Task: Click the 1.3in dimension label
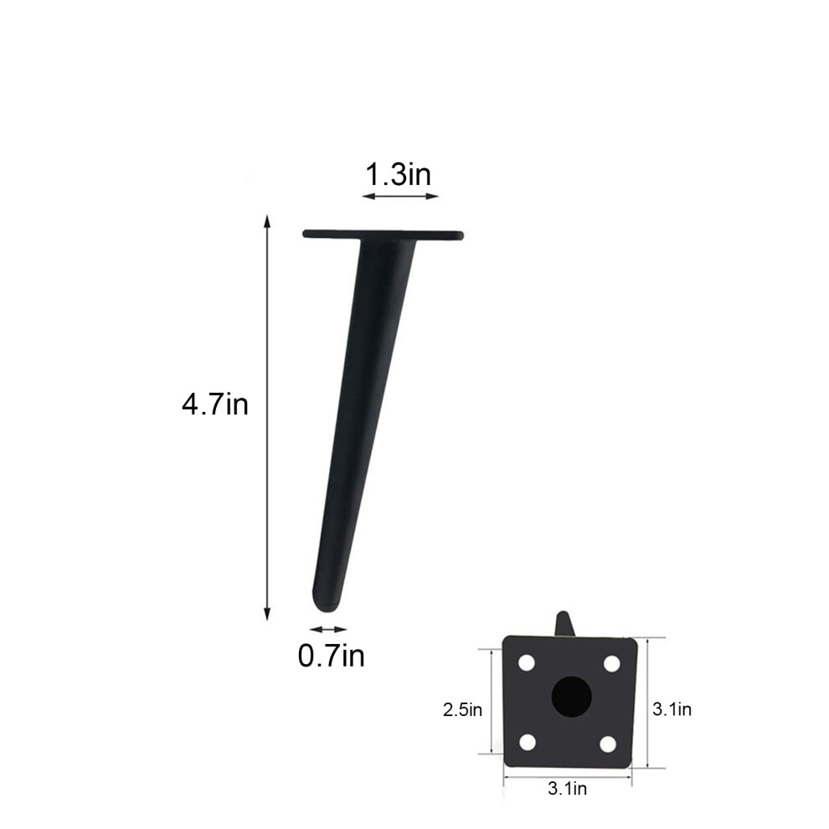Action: [x=399, y=174]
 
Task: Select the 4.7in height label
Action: [x=215, y=404]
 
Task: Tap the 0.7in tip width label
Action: [x=332, y=657]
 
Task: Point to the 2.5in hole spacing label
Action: [x=462, y=709]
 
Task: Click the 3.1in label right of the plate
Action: [x=672, y=709]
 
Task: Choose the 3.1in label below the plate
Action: [x=567, y=788]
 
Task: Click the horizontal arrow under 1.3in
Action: [x=401, y=196]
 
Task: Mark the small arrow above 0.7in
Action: [x=328, y=629]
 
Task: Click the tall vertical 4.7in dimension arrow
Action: [x=267, y=418]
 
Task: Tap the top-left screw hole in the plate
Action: [x=527, y=663]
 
